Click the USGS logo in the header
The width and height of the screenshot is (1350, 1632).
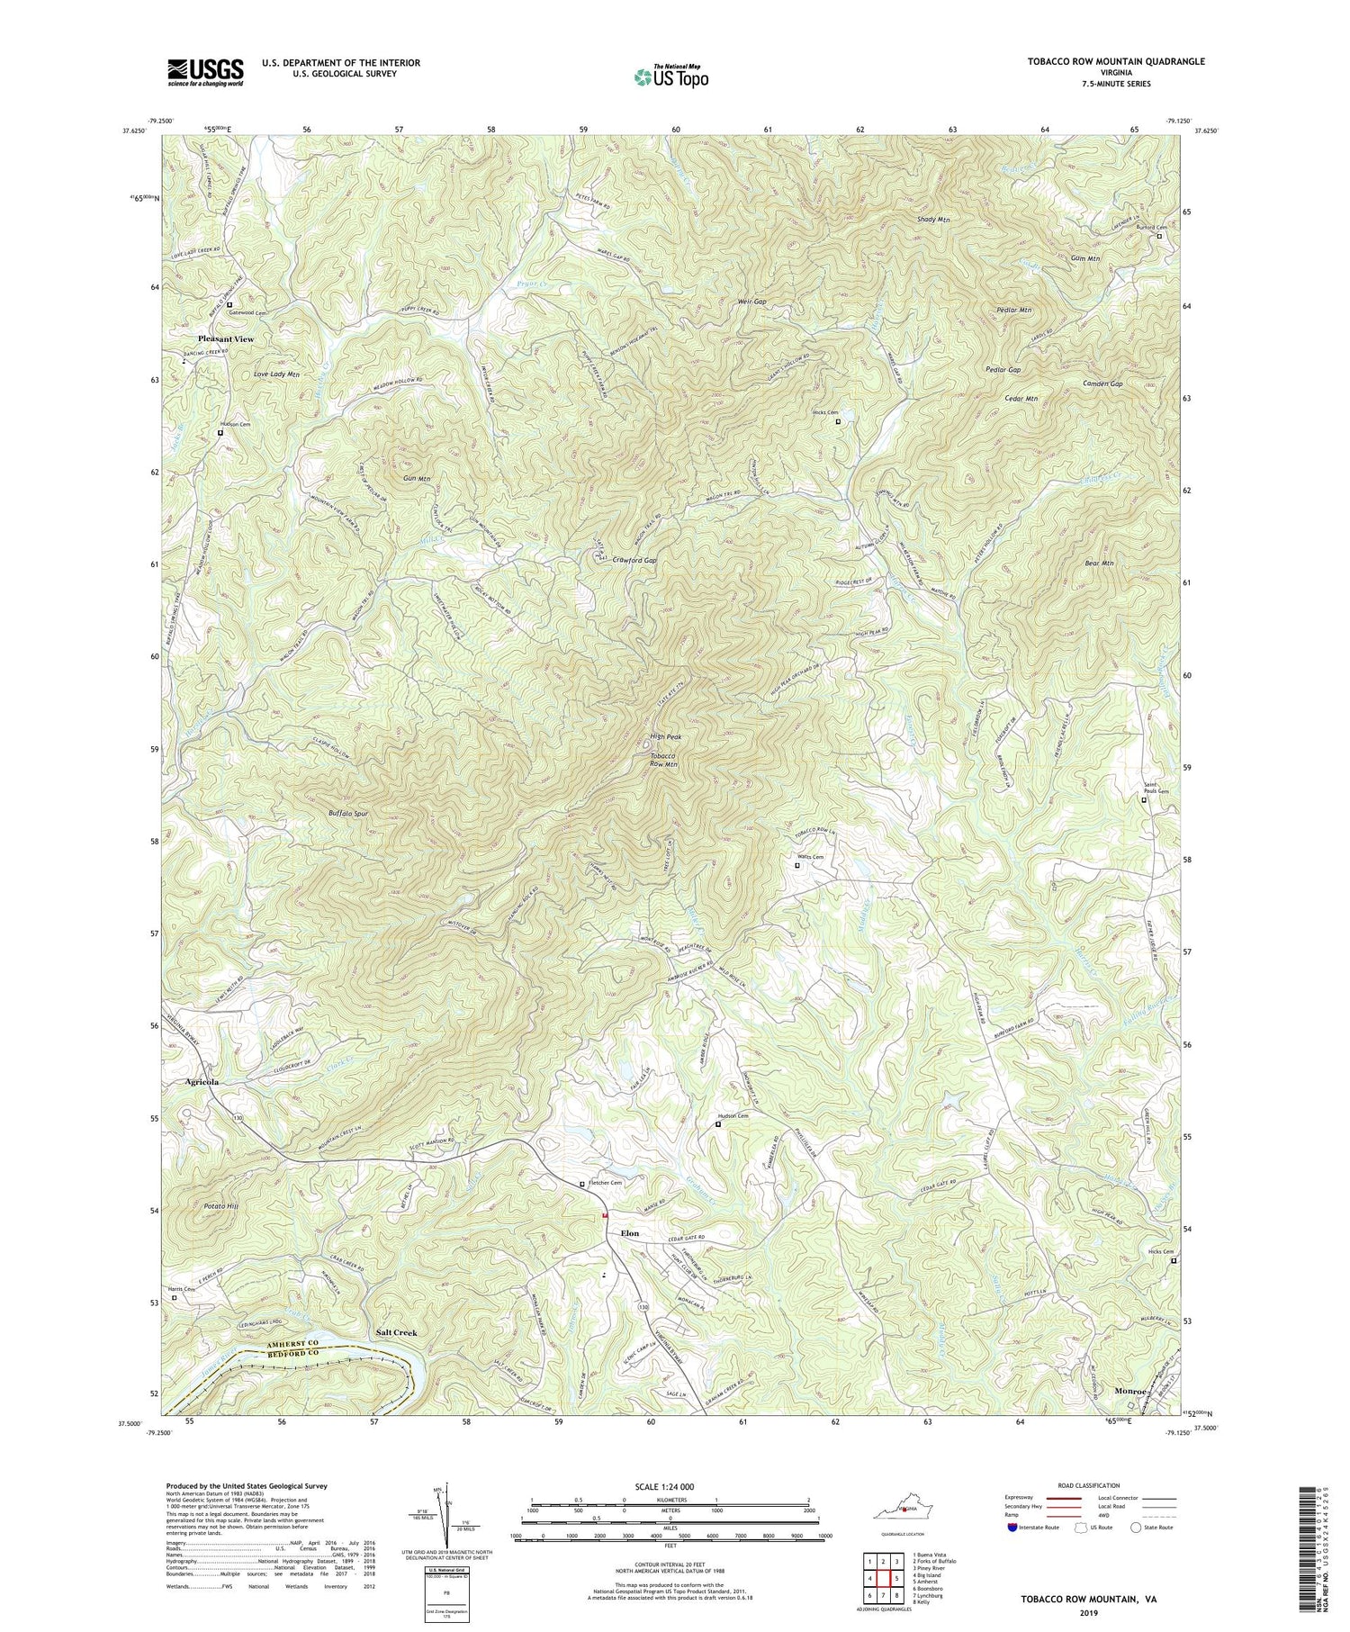[204, 72]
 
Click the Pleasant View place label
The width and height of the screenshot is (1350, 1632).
[226, 339]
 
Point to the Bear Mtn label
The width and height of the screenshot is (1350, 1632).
[1099, 564]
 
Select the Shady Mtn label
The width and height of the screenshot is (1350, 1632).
[933, 220]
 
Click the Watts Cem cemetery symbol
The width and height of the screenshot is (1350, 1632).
[796, 866]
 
